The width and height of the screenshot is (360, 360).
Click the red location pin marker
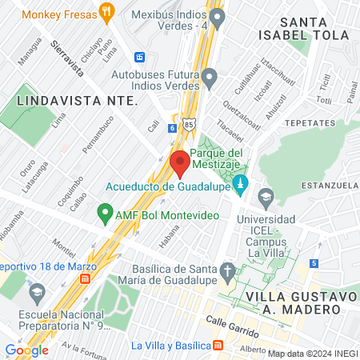click(x=180, y=162)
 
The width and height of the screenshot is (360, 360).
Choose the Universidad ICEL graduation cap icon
click(x=266, y=196)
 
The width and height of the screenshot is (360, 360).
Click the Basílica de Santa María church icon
click(x=229, y=270)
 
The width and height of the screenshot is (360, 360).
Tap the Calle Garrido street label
click(x=232, y=326)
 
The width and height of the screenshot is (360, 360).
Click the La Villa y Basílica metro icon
click(x=218, y=346)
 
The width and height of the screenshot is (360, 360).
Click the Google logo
click(x=26, y=350)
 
